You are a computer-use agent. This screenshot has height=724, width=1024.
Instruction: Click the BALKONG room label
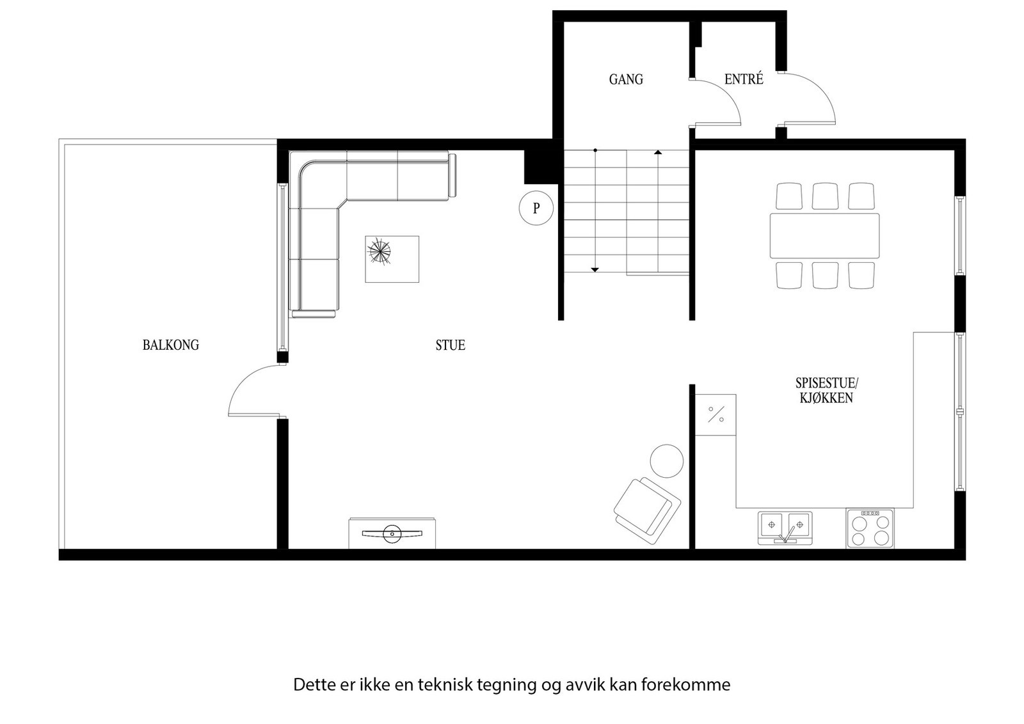tap(170, 345)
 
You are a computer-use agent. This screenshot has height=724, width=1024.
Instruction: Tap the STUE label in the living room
tap(450, 345)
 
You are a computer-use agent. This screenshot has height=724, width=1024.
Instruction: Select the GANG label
tap(625, 79)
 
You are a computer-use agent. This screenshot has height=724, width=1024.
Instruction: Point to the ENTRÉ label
tap(743, 79)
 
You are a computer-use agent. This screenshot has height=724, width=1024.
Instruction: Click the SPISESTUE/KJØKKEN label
tap(826, 390)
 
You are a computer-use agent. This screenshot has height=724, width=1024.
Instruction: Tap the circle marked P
tap(536, 208)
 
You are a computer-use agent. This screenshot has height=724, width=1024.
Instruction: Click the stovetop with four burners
tap(870, 529)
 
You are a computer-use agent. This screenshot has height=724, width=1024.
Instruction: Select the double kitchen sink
tap(785, 528)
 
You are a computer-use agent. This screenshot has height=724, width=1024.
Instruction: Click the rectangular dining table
tap(824, 236)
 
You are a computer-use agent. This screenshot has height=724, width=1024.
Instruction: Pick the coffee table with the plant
tap(392, 259)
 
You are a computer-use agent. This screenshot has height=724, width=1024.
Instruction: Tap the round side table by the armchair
tap(666, 461)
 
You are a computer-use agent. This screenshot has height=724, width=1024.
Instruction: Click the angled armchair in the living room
tap(646, 506)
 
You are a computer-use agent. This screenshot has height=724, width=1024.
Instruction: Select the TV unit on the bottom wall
tap(392, 533)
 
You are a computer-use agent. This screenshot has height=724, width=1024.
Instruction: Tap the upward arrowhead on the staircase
tap(658, 152)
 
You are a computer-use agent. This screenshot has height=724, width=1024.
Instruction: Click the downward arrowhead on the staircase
tap(595, 270)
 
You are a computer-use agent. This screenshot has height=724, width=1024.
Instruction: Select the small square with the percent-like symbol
tap(716, 414)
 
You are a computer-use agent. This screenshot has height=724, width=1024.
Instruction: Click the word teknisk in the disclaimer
tap(445, 685)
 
